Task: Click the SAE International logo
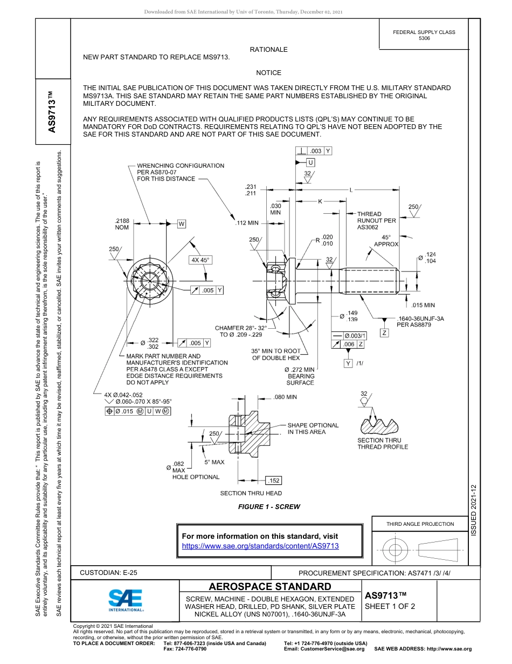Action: [x=126, y=600]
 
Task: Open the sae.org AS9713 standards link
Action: [x=260, y=546]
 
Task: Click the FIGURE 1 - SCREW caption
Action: [x=269, y=506]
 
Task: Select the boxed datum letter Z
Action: [x=384, y=333]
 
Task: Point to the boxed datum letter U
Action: [x=311, y=162]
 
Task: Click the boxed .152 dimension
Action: [x=274, y=480]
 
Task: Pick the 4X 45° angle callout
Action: [x=200, y=260]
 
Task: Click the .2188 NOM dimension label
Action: [x=122, y=224]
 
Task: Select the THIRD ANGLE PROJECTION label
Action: [x=420, y=524]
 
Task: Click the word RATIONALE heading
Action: [x=268, y=50]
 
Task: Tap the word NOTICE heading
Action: [x=268, y=73]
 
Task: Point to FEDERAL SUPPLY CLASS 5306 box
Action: [x=424, y=35]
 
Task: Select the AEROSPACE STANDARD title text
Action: [x=270, y=587]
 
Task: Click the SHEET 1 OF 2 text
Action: [x=390, y=606]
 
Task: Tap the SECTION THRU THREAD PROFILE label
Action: [x=383, y=443]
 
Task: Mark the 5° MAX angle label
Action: [x=214, y=462]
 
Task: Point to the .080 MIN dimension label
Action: [x=285, y=397]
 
